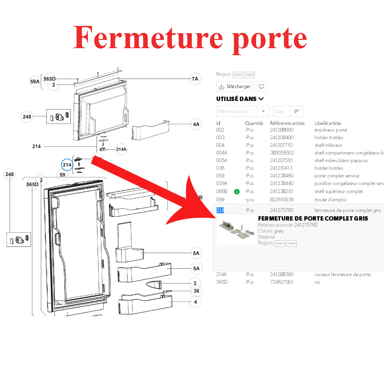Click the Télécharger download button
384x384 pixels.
tap(235, 87)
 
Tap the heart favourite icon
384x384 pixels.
tap(261, 87)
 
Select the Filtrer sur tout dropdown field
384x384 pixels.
tap(242, 112)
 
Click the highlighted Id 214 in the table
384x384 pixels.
tap(220, 210)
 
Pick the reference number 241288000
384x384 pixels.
tap(282, 130)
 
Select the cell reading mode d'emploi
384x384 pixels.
tap(331, 200)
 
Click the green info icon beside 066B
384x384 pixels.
tap(237, 192)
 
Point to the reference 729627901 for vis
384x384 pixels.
tap(282, 282)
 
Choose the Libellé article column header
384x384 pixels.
tap(328, 123)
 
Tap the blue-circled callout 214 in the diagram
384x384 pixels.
tap(67, 165)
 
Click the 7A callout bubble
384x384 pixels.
tap(195, 79)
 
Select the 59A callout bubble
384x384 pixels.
tap(35, 81)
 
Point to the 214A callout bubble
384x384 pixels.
tap(121, 149)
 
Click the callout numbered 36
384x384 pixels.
tap(196, 291)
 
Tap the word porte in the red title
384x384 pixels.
tap(269, 39)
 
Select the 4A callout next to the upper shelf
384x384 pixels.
tap(196, 124)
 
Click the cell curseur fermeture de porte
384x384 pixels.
tap(342, 274)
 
